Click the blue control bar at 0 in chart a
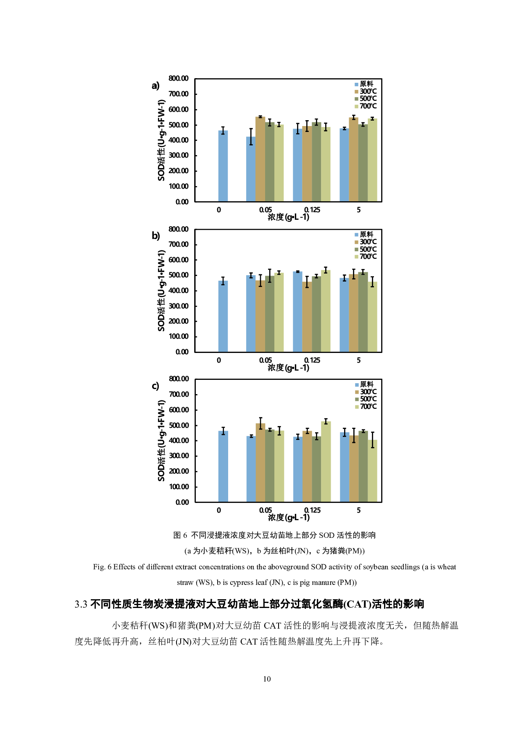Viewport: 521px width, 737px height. [x=223, y=166]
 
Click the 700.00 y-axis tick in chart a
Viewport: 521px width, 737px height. [x=179, y=94]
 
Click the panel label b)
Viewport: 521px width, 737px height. [x=156, y=236]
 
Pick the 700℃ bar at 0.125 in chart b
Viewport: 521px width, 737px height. [x=326, y=311]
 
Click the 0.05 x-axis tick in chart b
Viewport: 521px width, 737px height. [x=265, y=360]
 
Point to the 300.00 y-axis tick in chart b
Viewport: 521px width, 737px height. [x=179, y=306]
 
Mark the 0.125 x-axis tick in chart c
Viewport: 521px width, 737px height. [x=312, y=510]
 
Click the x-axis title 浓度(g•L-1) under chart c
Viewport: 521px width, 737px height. [x=289, y=517]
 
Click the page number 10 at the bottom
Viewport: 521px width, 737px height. [x=267, y=679]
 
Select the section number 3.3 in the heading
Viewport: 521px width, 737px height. [x=81, y=604]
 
